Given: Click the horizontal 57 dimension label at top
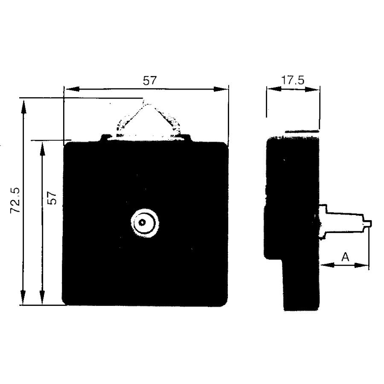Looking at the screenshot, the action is [x=149, y=80].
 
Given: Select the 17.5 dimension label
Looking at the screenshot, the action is [x=293, y=80].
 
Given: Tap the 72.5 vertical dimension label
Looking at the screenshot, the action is [x=15, y=201].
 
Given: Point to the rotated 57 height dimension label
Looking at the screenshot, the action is [x=52, y=198].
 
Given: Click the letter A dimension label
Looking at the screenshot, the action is [x=345, y=257].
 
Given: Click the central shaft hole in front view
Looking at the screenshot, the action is [x=142, y=222].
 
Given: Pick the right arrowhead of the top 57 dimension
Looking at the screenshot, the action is [x=221, y=89].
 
